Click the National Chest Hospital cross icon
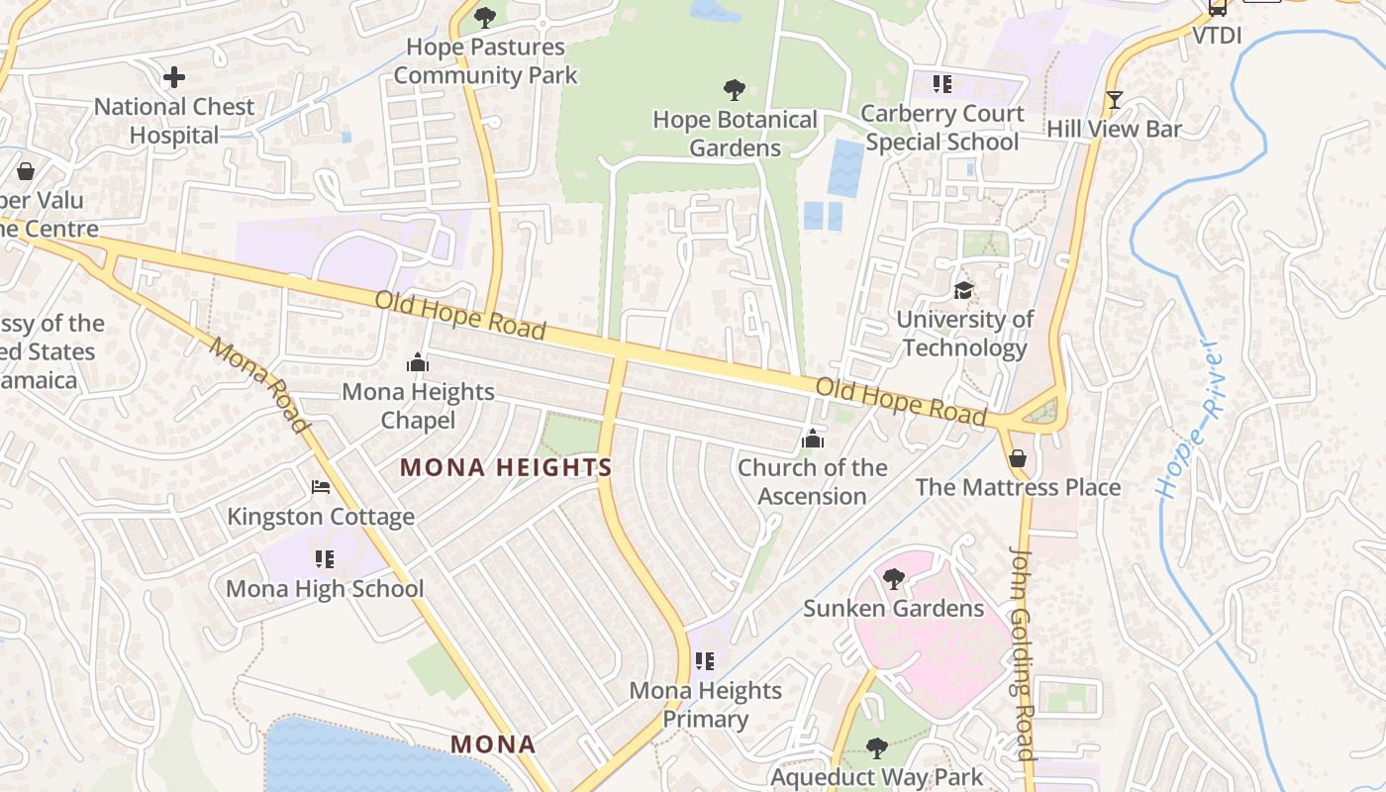pos(174,77)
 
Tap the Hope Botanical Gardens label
pos(735,134)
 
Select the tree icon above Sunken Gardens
pos(894,578)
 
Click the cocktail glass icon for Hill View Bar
pos(1115,100)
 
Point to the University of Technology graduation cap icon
pos(963,290)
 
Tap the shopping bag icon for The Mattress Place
pos(1017,459)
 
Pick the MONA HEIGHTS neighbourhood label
pos(506,467)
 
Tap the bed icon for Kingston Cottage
pos(320,487)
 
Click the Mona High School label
pos(325,589)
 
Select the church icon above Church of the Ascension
pos(813,439)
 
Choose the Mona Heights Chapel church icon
pos(418,363)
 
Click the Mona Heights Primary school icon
pos(705,660)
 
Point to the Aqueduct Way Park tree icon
pos(876,747)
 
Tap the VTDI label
pos(1216,37)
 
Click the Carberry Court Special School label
pos(941,128)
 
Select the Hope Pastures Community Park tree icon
pos(485,17)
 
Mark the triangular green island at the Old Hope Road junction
pos(1040,411)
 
